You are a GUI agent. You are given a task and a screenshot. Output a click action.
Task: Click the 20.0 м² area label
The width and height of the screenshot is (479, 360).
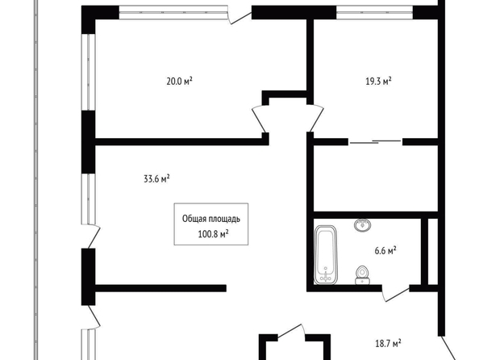pyautogui.click(x=179, y=82)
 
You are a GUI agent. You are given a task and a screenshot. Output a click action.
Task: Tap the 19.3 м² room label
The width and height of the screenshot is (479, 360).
pyautogui.click(x=378, y=82)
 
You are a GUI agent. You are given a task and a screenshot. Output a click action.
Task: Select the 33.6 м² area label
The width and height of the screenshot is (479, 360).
pyautogui.click(x=156, y=178)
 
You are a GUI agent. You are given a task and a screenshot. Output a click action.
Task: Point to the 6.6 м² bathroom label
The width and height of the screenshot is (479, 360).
pyautogui.click(x=385, y=251)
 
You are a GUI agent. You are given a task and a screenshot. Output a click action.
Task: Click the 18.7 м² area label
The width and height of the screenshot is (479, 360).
pyautogui.click(x=388, y=344)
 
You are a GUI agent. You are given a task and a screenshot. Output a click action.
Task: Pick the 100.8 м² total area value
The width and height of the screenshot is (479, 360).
pyautogui.click(x=214, y=234)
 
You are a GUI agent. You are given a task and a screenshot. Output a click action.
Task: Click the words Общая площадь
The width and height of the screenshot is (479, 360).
pyautogui.click(x=211, y=219)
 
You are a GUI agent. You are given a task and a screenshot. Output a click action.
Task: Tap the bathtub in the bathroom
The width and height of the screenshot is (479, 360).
pyautogui.click(x=325, y=255)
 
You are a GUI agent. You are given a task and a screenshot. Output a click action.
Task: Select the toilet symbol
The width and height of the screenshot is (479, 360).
pyautogui.click(x=363, y=275)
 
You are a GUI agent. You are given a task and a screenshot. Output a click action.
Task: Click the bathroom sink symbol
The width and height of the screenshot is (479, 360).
pyautogui.click(x=363, y=225)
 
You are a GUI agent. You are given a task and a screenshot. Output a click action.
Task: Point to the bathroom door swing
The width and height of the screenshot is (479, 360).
pyautogui.click(x=396, y=295)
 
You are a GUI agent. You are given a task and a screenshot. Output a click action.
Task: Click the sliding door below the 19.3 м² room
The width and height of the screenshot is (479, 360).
pyautogui.click(x=375, y=141)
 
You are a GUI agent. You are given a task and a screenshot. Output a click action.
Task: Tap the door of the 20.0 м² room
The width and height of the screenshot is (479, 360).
pyautogui.click(x=260, y=119)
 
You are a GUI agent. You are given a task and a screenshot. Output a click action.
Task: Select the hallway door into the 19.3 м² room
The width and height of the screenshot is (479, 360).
pyautogui.click(x=315, y=118)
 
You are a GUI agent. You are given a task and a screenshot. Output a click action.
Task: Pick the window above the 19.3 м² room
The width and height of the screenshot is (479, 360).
pyautogui.click(x=374, y=13)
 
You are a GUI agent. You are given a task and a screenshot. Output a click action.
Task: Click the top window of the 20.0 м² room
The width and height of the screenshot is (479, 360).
pyautogui.click(x=173, y=13)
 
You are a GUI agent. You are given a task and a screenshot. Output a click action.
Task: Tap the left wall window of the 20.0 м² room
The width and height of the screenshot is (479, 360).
pyautogui.click(x=88, y=72)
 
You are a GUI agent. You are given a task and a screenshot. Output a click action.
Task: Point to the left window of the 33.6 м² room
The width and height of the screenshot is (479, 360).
pyautogui.click(x=88, y=199)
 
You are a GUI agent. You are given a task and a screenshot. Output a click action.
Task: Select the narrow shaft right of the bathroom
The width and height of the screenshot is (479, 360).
pyautogui.click(x=432, y=251)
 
